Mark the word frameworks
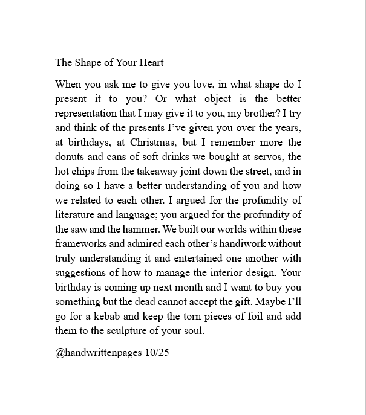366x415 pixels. (80, 244)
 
